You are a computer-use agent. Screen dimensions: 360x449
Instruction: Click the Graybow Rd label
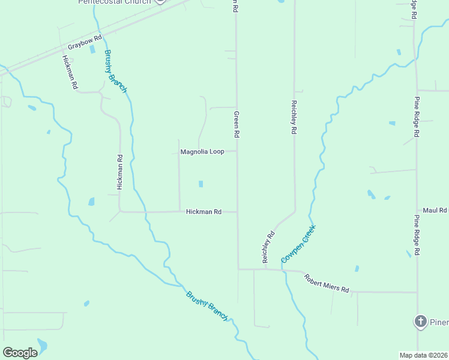pos(85,45)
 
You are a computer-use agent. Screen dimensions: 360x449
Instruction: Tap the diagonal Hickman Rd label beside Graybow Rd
pos(70,72)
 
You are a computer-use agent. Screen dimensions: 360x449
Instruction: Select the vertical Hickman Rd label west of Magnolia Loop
pos(120,172)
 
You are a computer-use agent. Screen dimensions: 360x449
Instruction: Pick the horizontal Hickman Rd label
pos(203,212)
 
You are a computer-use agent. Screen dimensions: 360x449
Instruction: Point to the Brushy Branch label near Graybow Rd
pos(115,71)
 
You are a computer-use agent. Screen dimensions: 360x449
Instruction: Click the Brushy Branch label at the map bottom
pos(207,305)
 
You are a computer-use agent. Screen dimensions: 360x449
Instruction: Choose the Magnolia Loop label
pos(202,152)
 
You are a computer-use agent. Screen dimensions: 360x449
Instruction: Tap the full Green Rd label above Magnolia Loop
pos(237,125)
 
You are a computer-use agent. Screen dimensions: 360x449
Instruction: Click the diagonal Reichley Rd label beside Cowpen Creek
pos(268,247)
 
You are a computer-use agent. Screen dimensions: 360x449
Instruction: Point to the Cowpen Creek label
pos(298,244)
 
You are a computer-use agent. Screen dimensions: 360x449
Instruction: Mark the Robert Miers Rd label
pos(326,283)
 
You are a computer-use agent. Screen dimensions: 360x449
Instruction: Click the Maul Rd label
pos(435,211)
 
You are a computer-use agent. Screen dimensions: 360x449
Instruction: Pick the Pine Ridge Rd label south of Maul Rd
pos(417,236)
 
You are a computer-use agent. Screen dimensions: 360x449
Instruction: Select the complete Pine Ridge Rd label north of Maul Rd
pos(417,117)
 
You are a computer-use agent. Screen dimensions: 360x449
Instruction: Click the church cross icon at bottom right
pos(420,322)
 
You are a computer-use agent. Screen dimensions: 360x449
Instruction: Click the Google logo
pos(20,353)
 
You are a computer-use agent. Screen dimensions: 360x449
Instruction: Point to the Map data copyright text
pos(423,355)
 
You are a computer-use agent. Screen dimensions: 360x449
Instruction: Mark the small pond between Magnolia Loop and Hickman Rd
pos(201,184)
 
